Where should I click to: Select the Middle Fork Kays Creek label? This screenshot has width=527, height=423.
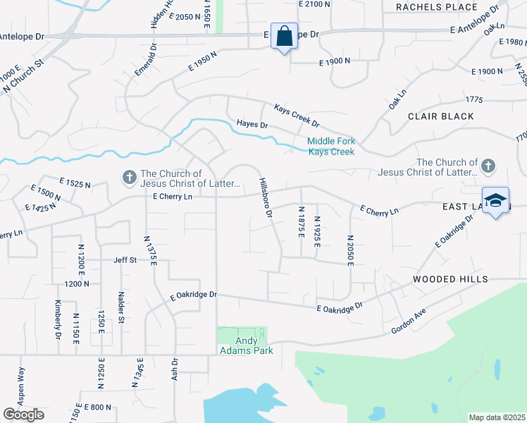pyautogui.click(x=330, y=146)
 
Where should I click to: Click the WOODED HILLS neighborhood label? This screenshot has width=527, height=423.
pyautogui.click(x=450, y=280)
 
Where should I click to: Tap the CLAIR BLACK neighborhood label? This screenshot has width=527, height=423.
pyautogui.click(x=440, y=116)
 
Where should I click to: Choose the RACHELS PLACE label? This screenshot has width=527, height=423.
pyautogui.click(x=437, y=7)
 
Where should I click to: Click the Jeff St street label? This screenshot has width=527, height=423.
pyautogui.click(x=125, y=260)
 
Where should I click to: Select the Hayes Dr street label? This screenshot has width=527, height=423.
pyautogui.click(x=252, y=124)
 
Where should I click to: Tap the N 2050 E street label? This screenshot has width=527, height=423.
pyautogui.click(x=349, y=250)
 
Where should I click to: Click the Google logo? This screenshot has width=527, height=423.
pyautogui.click(x=23, y=415)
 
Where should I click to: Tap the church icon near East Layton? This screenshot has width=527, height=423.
pyautogui.click(x=488, y=167)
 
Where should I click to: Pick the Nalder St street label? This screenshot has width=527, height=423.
pyautogui.click(x=121, y=309)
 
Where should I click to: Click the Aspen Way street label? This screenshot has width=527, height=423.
pyautogui.click(x=22, y=384)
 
